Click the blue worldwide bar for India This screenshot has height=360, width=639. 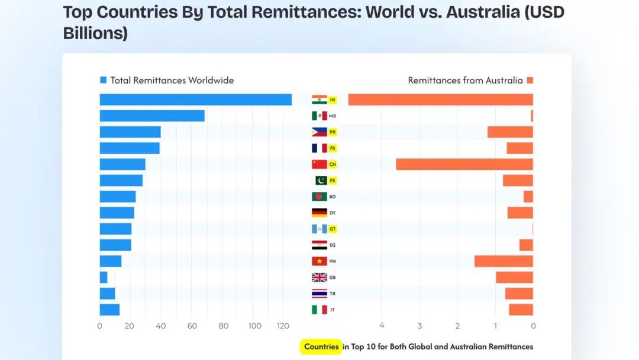195,99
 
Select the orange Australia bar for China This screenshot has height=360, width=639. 464,164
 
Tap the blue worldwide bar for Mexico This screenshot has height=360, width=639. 151,116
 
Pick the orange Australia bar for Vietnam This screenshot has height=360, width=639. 504,261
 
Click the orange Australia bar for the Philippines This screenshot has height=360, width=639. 510,132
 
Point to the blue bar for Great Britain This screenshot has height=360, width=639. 104,277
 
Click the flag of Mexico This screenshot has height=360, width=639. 319,116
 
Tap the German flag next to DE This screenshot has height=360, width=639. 319,213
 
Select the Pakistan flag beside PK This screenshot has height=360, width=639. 320,181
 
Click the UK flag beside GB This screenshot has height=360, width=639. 319,277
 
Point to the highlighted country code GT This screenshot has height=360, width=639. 333,229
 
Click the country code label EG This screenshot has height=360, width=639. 333,245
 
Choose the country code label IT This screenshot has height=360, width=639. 332,310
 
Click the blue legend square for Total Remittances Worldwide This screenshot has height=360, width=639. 104,81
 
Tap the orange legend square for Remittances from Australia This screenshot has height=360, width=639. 530,81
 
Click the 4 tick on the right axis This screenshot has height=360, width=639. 382,326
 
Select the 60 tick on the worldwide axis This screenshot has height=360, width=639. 192,326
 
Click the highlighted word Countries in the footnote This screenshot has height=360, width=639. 321,347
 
